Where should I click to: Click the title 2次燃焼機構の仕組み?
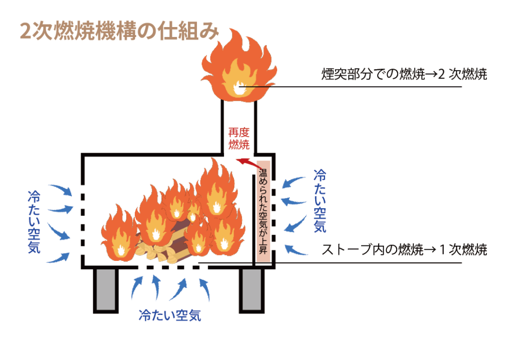pos(119,31)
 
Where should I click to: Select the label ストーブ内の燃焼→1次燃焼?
pos(404,249)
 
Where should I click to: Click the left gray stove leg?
pos(105,290)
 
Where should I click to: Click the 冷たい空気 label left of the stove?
pos(34,221)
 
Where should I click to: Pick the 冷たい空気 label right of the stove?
pos(320,201)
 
